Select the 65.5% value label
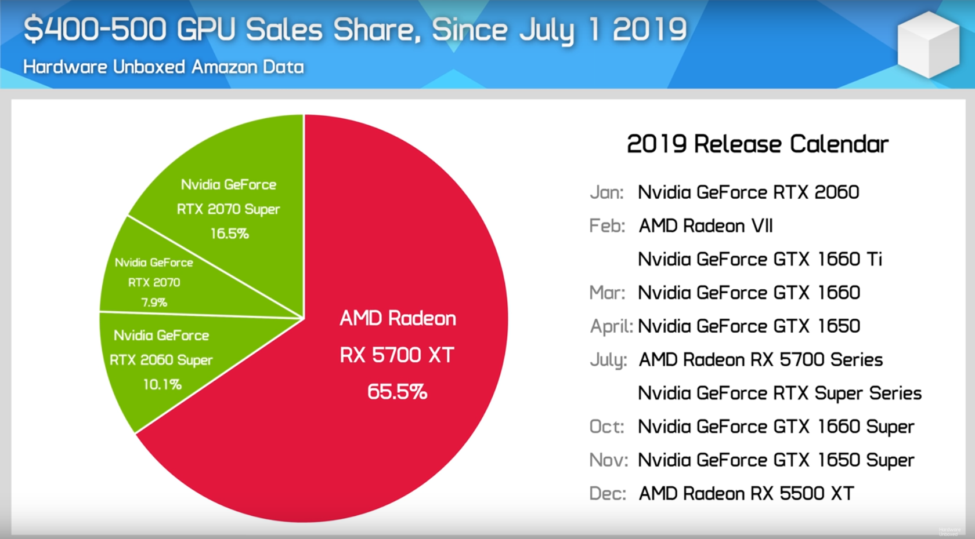[x=398, y=392]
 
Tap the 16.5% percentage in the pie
[x=229, y=234]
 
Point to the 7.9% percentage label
[x=154, y=302]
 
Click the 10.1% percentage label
[x=162, y=384]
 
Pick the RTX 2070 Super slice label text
[x=228, y=209]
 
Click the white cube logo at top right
[x=929, y=45]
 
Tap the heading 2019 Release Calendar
[x=757, y=144]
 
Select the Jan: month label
[x=607, y=192]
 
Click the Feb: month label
[x=607, y=225]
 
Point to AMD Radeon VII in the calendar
[x=706, y=225]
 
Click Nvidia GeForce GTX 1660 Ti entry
[x=760, y=259]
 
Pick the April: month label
[x=611, y=326]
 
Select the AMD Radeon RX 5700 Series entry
[x=761, y=360]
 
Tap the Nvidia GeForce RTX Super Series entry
[x=779, y=394]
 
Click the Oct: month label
[x=607, y=427]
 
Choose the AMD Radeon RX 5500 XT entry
[x=746, y=494]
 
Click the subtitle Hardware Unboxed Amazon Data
[x=163, y=67]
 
